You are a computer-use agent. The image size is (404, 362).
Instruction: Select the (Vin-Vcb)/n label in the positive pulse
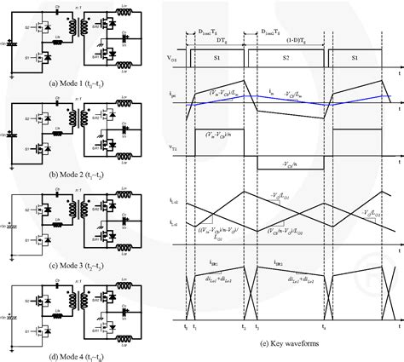click(x=219, y=134)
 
